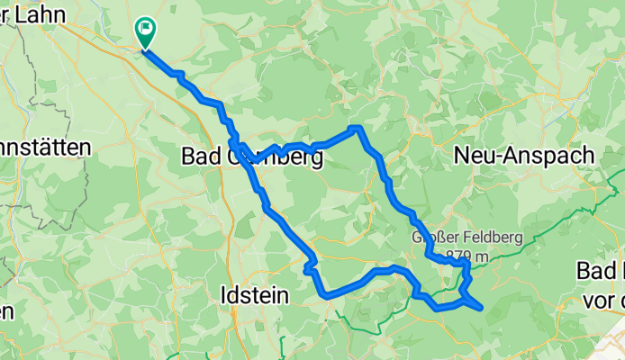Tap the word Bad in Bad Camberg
pyautogui.click(x=199, y=157)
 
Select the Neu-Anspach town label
pyautogui.click(x=523, y=155)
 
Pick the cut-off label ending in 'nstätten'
pyautogui.click(x=45, y=147)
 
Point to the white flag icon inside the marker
pyautogui.click(x=145, y=27)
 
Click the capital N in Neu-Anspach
pyautogui.click(x=461, y=155)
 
